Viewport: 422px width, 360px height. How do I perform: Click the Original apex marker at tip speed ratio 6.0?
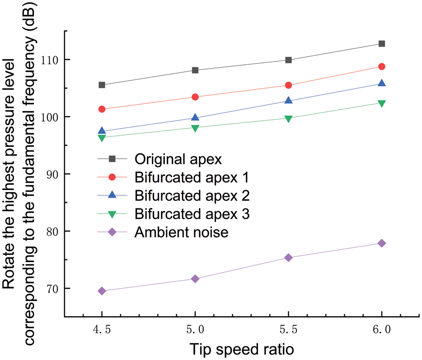[382, 44]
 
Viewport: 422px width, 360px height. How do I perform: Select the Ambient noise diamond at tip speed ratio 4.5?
[102, 291]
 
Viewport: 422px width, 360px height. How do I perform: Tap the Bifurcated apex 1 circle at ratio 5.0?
[195, 97]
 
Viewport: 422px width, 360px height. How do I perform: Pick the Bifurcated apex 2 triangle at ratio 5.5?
[288, 100]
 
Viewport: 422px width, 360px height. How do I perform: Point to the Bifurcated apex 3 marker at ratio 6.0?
[382, 103]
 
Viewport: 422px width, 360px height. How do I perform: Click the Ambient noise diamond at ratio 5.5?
[288, 257]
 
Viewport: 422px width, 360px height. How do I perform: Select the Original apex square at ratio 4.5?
[102, 85]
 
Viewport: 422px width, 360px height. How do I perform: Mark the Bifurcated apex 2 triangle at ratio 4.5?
[102, 131]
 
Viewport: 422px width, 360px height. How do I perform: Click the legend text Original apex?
[178, 159]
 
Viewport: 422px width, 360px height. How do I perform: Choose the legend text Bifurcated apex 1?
[191, 177]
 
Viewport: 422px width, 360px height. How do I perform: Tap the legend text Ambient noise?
[181, 232]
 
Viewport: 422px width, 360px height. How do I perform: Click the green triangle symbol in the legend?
[113, 214]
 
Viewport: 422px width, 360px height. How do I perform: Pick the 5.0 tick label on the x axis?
[195, 330]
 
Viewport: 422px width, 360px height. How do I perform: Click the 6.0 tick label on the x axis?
[382, 330]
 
